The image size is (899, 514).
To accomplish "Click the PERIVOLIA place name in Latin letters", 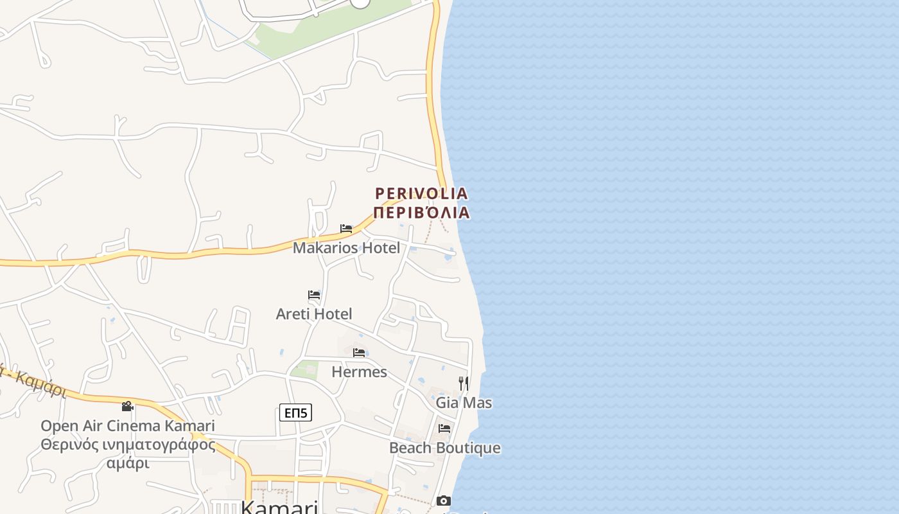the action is click(421, 193).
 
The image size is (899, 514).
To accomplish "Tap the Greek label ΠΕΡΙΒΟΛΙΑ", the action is click(421, 213).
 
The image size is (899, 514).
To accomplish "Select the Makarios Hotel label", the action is click(346, 248).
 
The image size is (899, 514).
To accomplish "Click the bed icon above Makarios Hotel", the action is click(346, 229).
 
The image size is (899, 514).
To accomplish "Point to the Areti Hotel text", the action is click(314, 314).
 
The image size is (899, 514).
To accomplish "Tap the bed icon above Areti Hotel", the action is click(314, 295).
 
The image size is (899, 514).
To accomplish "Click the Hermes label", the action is click(359, 372).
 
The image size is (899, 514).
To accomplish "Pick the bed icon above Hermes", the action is click(359, 353).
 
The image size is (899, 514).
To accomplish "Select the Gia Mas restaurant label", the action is click(464, 403).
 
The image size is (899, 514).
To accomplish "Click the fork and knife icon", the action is click(464, 384).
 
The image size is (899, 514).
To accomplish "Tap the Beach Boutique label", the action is click(444, 448).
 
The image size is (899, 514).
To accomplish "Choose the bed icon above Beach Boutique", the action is click(444, 429).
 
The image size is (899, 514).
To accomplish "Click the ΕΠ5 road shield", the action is click(295, 412).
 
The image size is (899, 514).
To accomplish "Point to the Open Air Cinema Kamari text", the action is click(128, 426).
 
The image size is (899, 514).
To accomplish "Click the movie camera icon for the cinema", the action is click(128, 406).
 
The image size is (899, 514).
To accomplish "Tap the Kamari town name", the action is click(279, 508).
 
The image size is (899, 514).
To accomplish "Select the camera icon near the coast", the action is click(444, 501).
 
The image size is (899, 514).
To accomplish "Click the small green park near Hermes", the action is click(304, 369).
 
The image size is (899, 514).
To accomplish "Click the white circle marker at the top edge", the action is click(360, 2).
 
